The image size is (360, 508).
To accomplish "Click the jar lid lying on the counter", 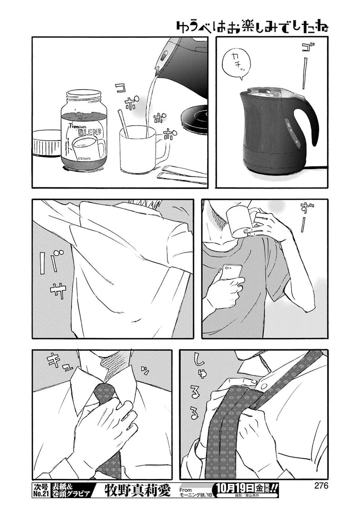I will click(46, 143).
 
